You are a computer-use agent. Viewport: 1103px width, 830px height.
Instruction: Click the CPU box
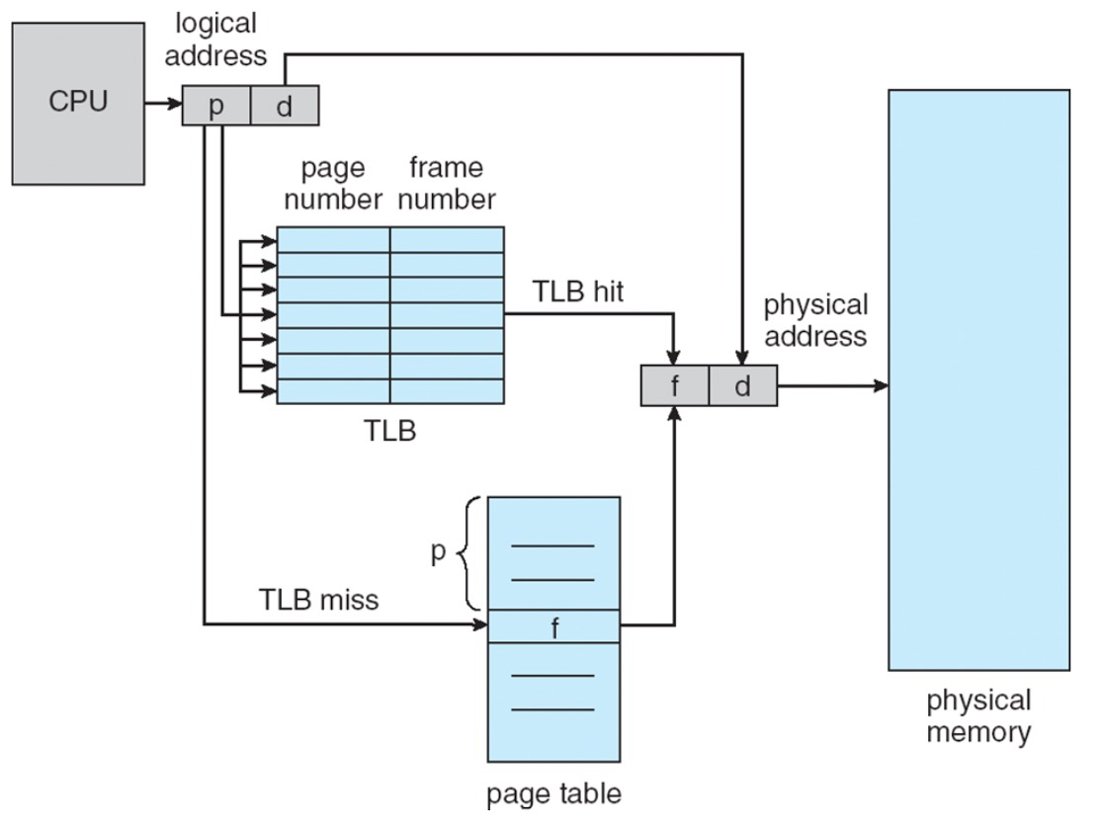(x=78, y=103)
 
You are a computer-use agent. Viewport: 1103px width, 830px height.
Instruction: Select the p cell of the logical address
(x=216, y=106)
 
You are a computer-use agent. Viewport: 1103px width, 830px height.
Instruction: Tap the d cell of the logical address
(x=285, y=106)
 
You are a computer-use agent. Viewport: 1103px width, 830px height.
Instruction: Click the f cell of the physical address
(x=674, y=385)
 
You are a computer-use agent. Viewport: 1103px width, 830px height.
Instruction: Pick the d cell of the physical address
(x=742, y=385)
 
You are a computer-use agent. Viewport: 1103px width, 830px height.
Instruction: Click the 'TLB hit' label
(x=578, y=291)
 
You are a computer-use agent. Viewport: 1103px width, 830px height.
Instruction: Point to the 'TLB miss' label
(x=318, y=599)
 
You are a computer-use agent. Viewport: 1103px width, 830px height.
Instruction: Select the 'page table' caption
(x=553, y=793)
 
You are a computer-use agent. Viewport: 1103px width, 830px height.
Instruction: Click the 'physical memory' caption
(x=978, y=716)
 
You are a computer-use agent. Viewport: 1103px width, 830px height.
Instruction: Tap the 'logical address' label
(x=215, y=40)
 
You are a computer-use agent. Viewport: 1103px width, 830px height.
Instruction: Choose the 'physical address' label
(x=815, y=320)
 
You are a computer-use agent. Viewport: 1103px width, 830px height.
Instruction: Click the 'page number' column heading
(x=333, y=184)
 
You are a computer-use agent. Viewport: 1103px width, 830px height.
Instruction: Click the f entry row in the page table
(x=554, y=626)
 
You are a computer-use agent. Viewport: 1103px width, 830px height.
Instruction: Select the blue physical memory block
(x=978, y=380)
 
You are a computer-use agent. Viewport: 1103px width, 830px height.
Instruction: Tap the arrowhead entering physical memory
(x=880, y=385)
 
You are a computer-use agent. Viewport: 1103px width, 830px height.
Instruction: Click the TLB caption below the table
(x=390, y=431)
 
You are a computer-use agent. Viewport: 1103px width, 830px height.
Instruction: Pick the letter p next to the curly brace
(x=439, y=552)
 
